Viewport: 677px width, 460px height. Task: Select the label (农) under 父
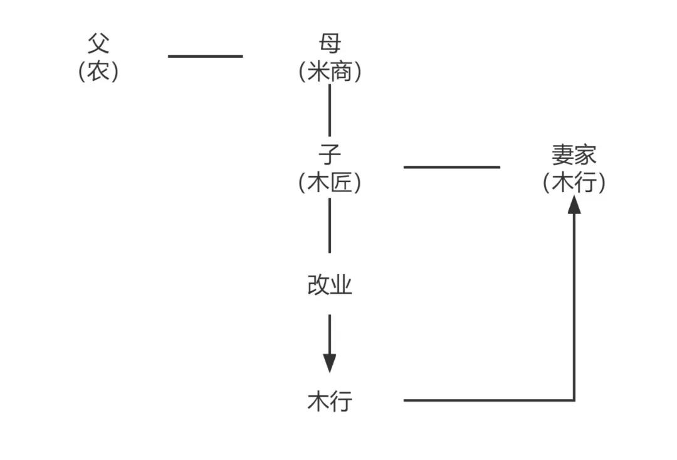(x=99, y=71)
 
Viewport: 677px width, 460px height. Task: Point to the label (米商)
(x=330, y=72)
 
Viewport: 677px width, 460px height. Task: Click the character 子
(x=330, y=154)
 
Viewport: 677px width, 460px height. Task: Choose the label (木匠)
(x=330, y=183)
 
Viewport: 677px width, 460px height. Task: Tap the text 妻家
(x=574, y=154)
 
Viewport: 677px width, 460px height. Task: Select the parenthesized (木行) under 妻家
(x=574, y=183)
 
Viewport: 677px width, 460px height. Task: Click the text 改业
(x=330, y=286)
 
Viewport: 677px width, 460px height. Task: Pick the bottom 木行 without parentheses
(x=330, y=400)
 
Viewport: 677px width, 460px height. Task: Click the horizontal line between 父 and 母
(x=205, y=56)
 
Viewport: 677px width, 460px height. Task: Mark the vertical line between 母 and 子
(x=330, y=110)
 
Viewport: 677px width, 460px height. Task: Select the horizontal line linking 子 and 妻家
(x=451, y=167)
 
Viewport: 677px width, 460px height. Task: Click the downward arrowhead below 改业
(x=330, y=363)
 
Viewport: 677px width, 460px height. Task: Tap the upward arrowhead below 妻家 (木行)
(x=574, y=205)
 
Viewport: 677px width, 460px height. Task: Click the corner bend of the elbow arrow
(x=574, y=400)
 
